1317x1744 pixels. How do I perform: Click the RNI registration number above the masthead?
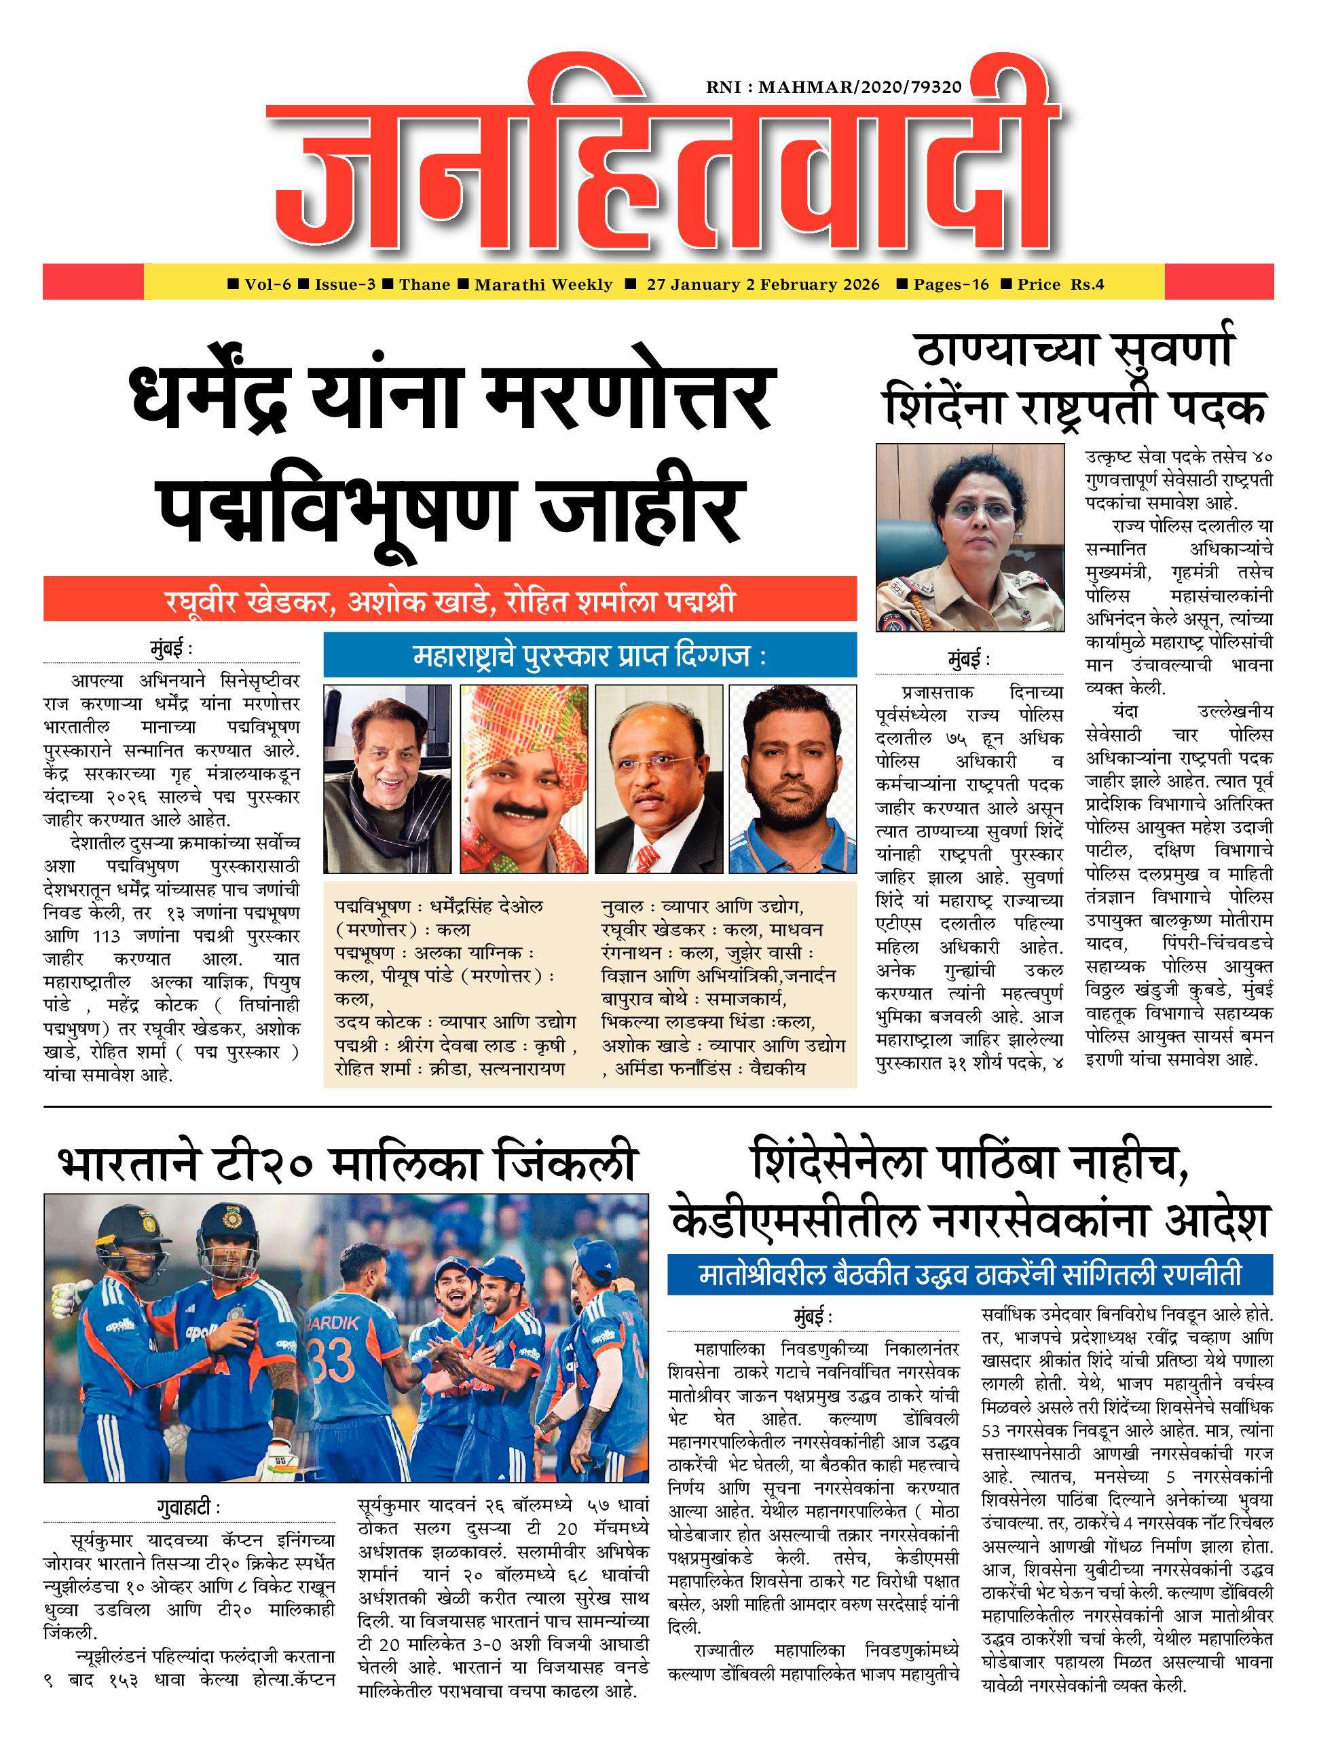coord(834,88)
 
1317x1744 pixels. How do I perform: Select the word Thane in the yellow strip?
coord(424,284)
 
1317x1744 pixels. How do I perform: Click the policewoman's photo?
coord(970,537)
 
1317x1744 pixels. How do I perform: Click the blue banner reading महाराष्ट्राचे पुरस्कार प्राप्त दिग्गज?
coord(590,655)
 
